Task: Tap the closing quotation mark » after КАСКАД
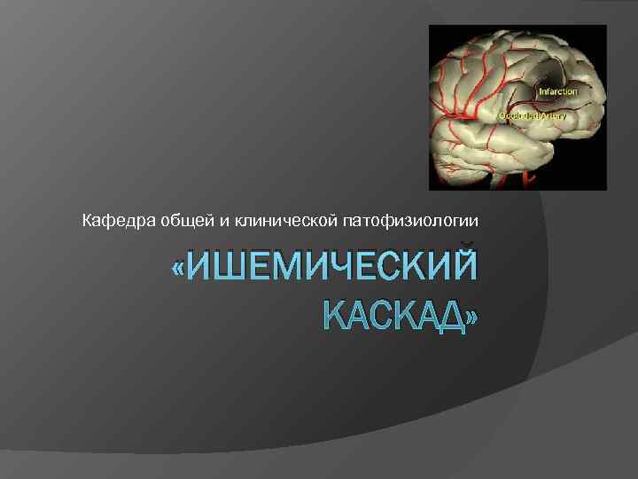pyautogui.click(x=468, y=314)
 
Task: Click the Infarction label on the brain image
pyautogui.click(x=558, y=90)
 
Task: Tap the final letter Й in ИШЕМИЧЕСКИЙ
pyautogui.click(x=460, y=268)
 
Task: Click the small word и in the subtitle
pyautogui.click(x=212, y=219)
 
